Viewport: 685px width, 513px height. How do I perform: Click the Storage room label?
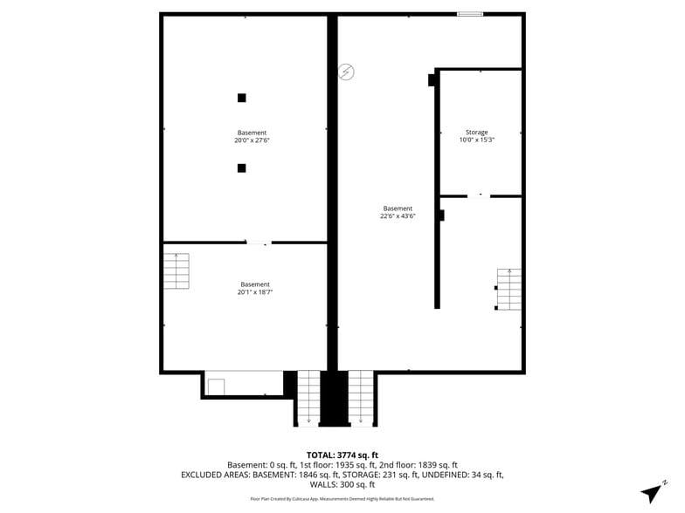pyautogui.click(x=476, y=132)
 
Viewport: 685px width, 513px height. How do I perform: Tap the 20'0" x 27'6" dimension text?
pyautogui.click(x=252, y=140)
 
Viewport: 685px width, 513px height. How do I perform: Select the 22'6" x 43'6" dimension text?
pyautogui.click(x=398, y=215)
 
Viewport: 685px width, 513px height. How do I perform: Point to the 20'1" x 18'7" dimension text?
pyautogui.click(x=255, y=292)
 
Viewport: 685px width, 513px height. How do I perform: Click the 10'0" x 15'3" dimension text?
pyautogui.click(x=476, y=140)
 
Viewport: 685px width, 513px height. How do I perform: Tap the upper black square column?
pyautogui.click(x=242, y=98)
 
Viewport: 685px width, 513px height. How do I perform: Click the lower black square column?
pyautogui.click(x=242, y=168)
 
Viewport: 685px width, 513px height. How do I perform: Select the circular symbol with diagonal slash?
pyautogui.click(x=346, y=72)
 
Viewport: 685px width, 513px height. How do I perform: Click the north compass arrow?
pyautogui.click(x=651, y=491)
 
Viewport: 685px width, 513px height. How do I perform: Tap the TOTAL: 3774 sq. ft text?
pyautogui.click(x=342, y=455)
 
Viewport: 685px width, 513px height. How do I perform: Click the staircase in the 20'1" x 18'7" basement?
pyautogui.click(x=176, y=271)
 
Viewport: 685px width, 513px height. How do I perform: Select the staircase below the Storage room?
pyautogui.click(x=509, y=290)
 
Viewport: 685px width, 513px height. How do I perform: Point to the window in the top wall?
pyautogui.click(x=469, y=14)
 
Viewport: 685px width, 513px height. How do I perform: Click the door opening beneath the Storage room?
pyautogui.click(x=479, y=195)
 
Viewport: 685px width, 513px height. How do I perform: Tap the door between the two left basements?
pyautogui.click(x=259, y=243)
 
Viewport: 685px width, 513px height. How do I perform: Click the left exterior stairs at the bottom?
pyautogui.click(x=308, y=398)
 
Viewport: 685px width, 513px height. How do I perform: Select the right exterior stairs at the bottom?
pyautogui.click(x=361, y=398)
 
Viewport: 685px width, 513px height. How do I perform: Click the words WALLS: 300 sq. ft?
pyautogui.click(x=342, y=484)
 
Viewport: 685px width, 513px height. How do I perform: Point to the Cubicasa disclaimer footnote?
pyautogui.click(x=342, y=499)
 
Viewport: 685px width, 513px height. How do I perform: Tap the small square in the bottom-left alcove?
pyautogui.click(x=216, y=386)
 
